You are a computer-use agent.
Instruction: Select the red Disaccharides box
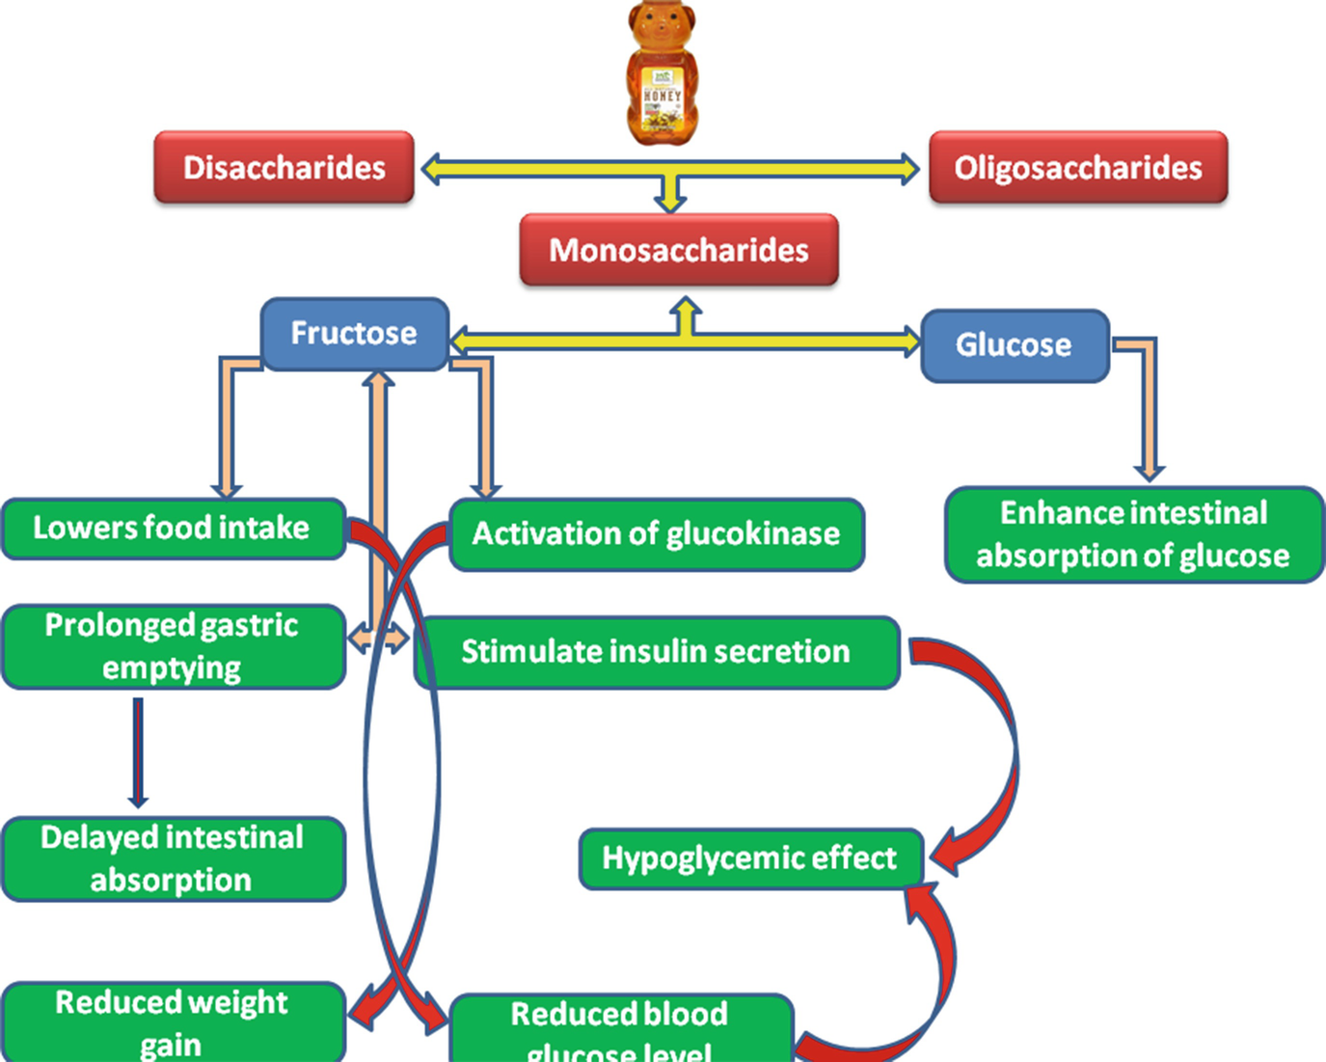point(284,168)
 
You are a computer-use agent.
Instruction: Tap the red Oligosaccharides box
point(1078,168)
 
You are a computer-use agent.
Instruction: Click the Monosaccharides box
point(679,251)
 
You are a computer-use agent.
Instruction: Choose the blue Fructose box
point(354,334)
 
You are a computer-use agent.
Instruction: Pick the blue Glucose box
point(1014,345)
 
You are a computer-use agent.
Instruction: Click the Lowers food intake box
point(172,529)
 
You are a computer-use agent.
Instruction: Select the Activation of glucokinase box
point(656,534)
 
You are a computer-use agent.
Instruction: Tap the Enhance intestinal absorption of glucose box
point(1133,534)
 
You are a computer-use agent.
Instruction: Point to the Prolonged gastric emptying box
point(172,646)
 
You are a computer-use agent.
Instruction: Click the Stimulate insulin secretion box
point(656,652)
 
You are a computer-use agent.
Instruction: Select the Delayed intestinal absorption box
point(172,858)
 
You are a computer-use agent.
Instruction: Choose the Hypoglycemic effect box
point(749,858)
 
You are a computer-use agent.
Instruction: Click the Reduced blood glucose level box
point(619,1028)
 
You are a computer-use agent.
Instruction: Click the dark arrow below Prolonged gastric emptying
point(138,752)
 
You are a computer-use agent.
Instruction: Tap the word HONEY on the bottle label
point(662,96)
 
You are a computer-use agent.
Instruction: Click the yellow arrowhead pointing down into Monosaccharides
point(670,201)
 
